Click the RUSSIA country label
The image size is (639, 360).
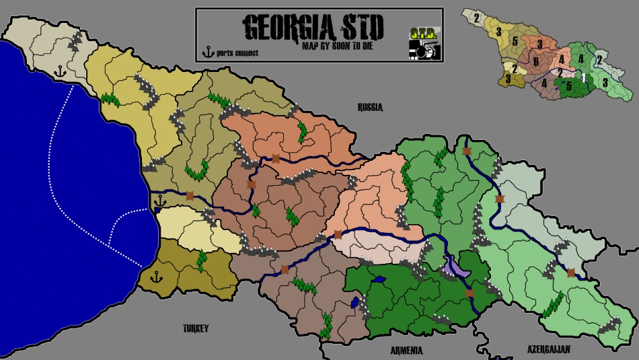coord(370,106)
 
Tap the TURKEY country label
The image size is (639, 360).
coord(196,328)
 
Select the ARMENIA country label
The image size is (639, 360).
coord(406,351)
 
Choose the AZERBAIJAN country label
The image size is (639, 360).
coord(548,349)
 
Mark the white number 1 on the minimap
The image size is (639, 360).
coord(584,79)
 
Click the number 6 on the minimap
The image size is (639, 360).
coord(535,62)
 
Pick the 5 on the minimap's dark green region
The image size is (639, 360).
coord(568,86)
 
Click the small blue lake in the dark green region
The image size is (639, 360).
coord(378,279)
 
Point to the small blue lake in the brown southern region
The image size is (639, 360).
coord(354,303)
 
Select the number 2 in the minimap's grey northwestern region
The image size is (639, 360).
coord(476,17)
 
